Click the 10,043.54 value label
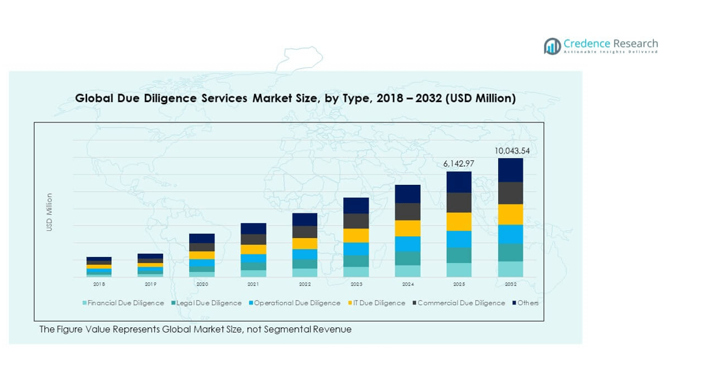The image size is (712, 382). tap(511, 150)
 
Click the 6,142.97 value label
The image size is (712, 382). tap(459, 164)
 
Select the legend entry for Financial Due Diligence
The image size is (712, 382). tap(123, 303)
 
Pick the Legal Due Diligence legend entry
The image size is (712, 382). tap(207, 303)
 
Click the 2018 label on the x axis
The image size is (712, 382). tap(99, 284)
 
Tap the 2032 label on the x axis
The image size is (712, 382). tap(510, 284)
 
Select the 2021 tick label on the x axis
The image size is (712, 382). tap(253, 284)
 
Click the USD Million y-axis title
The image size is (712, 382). tap(49, 212)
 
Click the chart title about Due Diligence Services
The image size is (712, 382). tap(295, 98)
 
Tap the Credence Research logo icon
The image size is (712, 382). tap(552, 46)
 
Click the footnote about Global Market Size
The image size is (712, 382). tap(195, 329)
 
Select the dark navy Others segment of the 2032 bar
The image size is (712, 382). tap(510, 171)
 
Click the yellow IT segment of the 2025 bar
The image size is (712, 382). tap(459, 221)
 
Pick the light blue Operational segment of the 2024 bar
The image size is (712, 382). tap(408, 244)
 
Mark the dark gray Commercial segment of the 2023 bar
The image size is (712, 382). tap(356, 221)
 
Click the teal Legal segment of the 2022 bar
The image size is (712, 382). tap(304, 264)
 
